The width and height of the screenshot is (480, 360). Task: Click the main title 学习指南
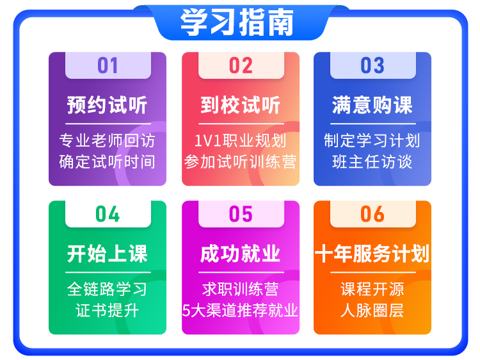tap(237, 22)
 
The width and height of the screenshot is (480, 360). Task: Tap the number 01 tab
tap(108, 65)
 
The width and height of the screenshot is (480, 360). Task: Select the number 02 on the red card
tap(241, 65)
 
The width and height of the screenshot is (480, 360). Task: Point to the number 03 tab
tap(373, 65)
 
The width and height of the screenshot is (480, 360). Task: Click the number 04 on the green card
tap(108, 214)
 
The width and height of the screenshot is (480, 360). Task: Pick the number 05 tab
tap(241, 214)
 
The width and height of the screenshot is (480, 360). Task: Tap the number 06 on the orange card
tap(372, 214)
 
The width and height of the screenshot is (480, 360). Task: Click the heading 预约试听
tap(108, 105)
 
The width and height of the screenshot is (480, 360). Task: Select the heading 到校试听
tap(241, 105)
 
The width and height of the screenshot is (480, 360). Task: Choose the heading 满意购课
tap(372, 105)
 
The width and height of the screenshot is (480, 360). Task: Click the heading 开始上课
tap(108, 254)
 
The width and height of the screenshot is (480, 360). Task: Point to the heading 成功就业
tap(241, 254)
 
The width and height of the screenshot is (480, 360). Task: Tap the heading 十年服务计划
tap(372, 254)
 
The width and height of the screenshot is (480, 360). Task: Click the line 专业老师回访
tap(108, 141)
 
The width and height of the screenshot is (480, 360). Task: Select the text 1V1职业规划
tap(241, 141)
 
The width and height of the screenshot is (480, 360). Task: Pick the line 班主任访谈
tap(372, 162)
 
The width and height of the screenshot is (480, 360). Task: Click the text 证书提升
tap(108, 311)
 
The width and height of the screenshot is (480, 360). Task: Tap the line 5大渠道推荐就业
tap(241, 311)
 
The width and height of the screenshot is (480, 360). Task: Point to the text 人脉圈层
tap(372, 311)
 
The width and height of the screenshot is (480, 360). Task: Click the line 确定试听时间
tap(108, 162)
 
